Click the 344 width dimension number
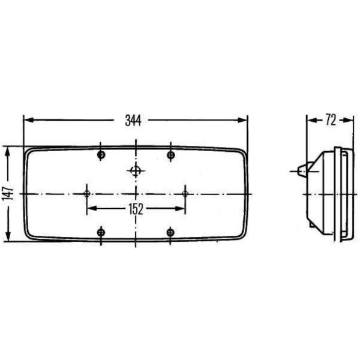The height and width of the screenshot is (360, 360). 133,120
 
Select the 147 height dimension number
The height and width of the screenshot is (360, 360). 8,194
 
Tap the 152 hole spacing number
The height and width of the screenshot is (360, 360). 136,209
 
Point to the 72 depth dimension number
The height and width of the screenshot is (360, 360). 331,120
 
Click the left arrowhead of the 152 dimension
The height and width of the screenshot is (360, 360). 91,209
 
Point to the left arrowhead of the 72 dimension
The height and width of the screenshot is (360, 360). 311,120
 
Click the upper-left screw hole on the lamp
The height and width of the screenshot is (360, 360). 101,155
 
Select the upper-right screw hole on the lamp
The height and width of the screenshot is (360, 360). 171,155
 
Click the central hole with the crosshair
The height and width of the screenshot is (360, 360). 136,170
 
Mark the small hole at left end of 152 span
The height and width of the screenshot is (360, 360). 88,193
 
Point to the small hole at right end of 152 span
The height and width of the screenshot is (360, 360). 185,193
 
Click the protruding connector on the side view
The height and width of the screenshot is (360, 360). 300,170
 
